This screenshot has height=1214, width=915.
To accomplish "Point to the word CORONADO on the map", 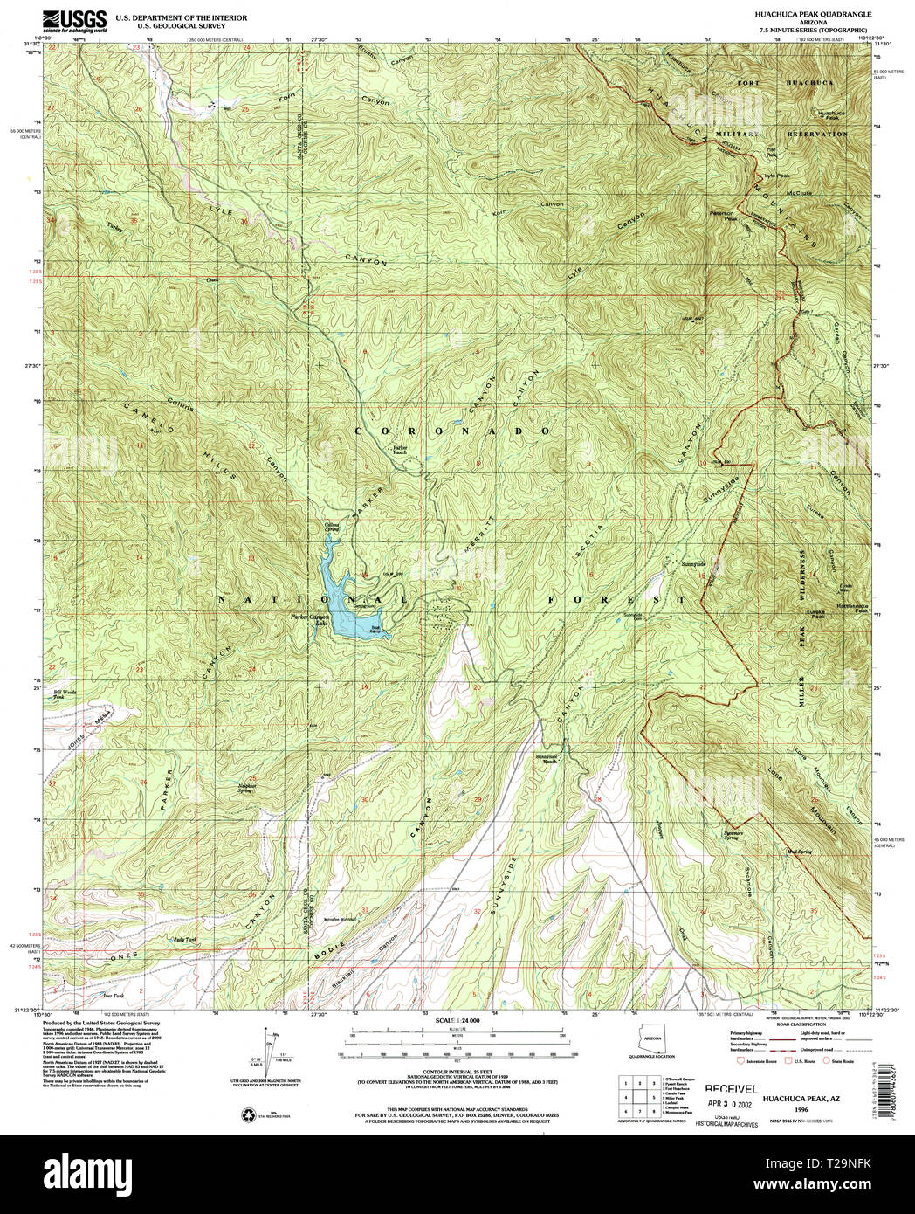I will click(x=453, y=431).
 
